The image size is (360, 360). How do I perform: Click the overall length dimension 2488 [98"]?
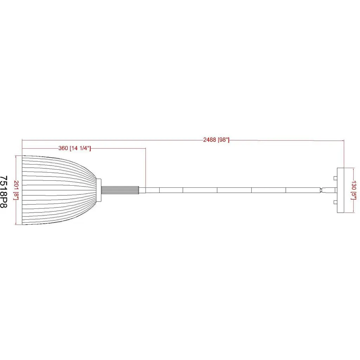216,140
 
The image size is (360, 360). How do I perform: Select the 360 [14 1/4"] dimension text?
75,148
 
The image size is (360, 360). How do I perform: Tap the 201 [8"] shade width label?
16,190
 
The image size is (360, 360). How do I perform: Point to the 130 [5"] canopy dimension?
354,190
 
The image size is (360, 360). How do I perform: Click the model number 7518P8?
4,192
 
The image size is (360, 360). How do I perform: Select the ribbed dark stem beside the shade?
120,190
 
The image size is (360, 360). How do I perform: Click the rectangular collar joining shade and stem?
99,190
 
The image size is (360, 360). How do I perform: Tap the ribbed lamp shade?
59,190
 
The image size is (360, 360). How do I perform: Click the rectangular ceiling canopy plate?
340,190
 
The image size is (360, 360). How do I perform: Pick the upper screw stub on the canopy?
335,178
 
